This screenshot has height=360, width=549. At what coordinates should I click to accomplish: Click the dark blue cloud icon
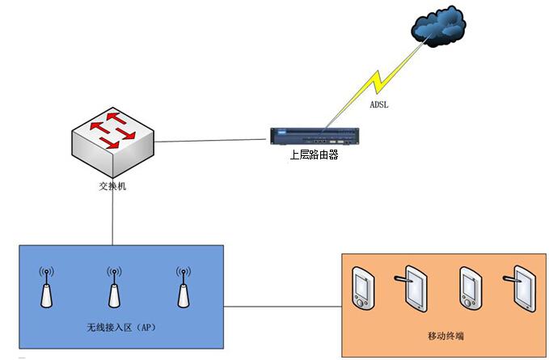coord(439,28)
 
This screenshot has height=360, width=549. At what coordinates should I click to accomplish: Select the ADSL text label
coord(379,104)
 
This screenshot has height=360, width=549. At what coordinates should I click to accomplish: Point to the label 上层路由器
coord(314,155)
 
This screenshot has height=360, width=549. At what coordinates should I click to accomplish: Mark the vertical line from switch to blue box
coord(112,218)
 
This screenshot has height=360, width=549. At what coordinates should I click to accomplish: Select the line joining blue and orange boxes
coord(283,307)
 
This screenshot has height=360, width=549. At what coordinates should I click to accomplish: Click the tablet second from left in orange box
coord(415,287)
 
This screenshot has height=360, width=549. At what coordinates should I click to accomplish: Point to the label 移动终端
coord(444,335)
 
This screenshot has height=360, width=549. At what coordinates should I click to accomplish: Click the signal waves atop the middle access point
coord(113,273)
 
